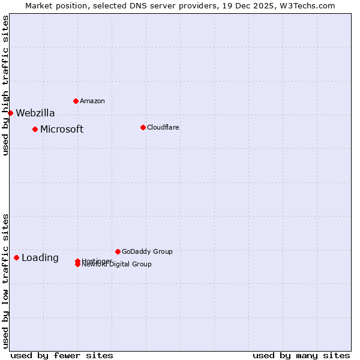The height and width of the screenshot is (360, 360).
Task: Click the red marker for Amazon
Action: coord(76,101)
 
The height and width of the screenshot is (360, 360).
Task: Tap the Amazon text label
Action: coord(92,101)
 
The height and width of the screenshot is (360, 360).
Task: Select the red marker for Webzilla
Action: coord(10,113)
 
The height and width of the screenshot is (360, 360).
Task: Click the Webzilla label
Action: coord(35,113)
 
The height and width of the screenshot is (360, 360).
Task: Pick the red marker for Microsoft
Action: coord(35,129)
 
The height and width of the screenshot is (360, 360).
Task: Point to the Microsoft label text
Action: coord(62,129)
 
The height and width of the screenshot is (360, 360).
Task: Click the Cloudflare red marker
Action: coord(143,127)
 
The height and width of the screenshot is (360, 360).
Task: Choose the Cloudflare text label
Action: coord(163,127)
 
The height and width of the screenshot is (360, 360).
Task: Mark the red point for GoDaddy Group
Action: coord(118,251)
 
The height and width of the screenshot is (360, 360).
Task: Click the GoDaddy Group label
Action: coord(147,251)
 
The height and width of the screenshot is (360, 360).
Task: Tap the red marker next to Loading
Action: coord(16,257)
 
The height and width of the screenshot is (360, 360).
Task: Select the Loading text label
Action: coord(40,258)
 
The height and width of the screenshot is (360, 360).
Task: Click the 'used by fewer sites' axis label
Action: coord(62,355)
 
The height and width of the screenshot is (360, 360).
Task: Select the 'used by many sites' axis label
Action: coord(301,355)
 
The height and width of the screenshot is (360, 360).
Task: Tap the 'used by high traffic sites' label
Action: coord(5,85)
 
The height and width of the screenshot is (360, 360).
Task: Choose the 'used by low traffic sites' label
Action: coord(5,280)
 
